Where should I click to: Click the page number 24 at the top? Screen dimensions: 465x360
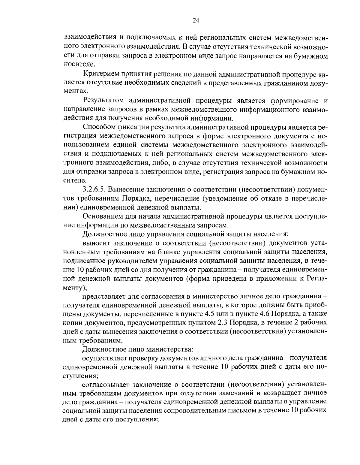tap(196, 20)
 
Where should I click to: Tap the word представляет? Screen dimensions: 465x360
tap(102, 296)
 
